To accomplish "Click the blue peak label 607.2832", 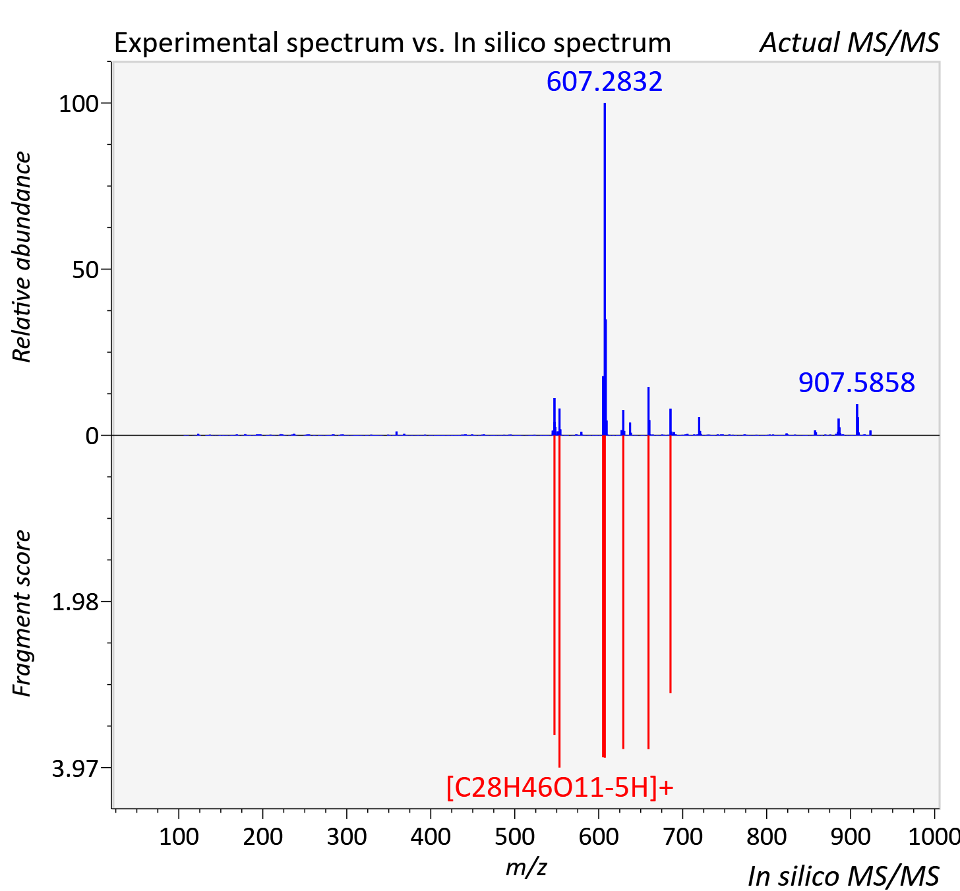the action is click(604, 82).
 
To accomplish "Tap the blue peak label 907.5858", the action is click(856, 383).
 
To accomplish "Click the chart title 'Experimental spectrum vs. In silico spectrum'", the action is click(392, 43).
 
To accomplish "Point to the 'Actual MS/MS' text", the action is click(850, 43).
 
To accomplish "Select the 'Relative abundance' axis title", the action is click(22, 256).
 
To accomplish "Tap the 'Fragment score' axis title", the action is click(22, 613).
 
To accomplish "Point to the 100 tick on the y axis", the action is click(78, 104).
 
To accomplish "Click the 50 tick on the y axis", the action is click(85, 270).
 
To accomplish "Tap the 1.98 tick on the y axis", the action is click(75, 602).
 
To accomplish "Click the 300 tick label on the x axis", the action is click(347, 836).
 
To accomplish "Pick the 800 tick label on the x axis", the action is click(766, 836).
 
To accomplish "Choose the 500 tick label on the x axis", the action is click(514, 836).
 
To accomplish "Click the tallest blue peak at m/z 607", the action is click(605, 269).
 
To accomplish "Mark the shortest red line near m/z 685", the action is click(671, 564).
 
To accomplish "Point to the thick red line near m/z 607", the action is click(604, 596).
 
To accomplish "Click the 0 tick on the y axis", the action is click(92, 436).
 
